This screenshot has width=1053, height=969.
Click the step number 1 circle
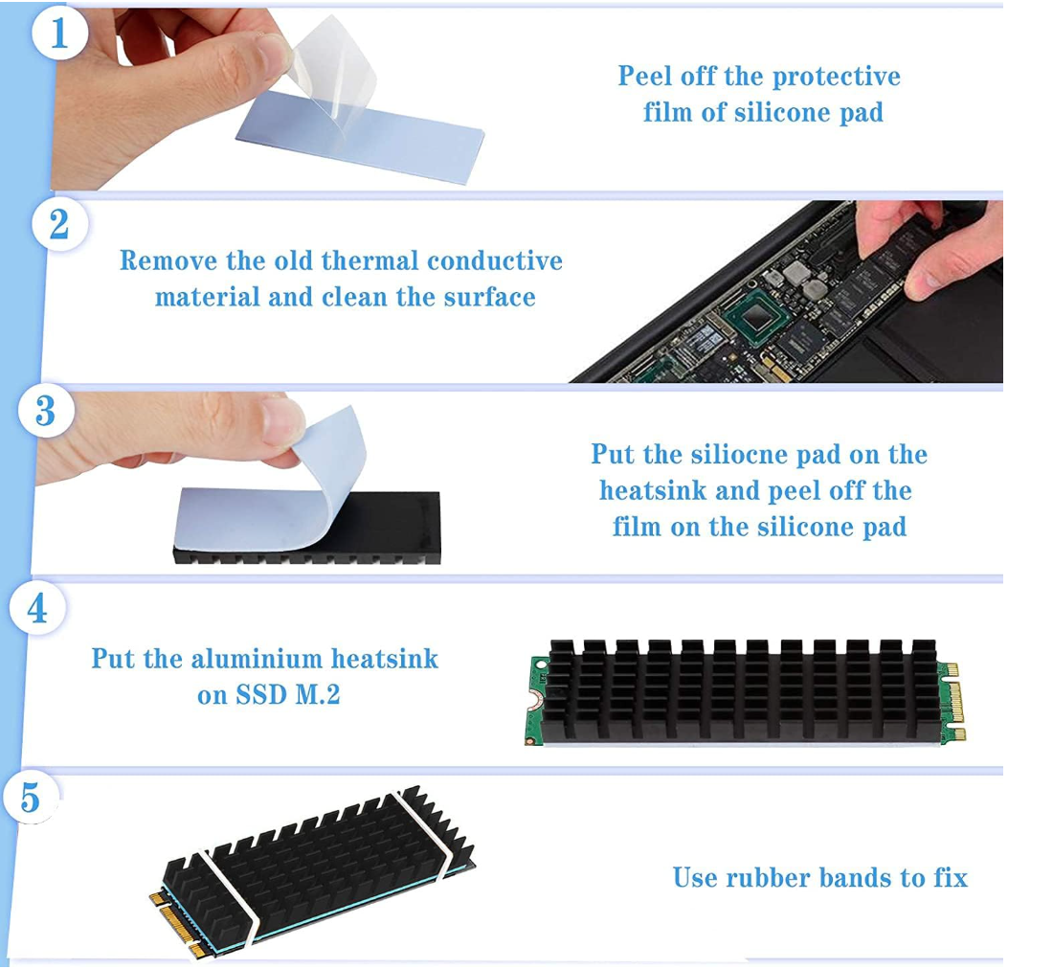59,33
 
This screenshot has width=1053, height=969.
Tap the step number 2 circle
59,224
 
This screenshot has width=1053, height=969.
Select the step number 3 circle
46,411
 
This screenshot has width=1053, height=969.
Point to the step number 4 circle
37,609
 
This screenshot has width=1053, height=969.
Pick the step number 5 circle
30,798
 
